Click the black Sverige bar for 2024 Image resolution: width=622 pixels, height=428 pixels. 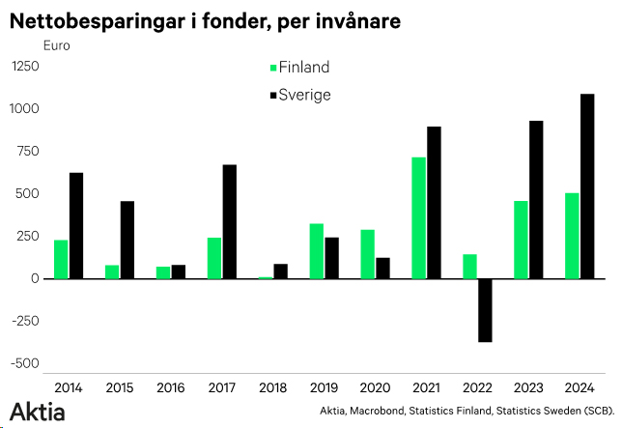(586, 186)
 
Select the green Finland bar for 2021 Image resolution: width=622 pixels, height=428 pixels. (418, 218)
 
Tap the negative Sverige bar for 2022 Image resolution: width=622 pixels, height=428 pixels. (485, 310)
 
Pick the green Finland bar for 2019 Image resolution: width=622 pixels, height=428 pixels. (316, 251)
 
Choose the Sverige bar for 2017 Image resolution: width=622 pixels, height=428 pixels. (230, 222)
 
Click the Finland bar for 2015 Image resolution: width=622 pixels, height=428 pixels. (112, 271)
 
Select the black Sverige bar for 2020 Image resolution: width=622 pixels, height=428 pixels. (382, 268)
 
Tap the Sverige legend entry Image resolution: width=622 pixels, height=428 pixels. (304, 95)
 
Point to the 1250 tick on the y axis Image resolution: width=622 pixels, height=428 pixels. (26, 66)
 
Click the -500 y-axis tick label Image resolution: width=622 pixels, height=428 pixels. (26, 364)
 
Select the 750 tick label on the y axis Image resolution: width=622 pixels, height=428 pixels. (29, 151)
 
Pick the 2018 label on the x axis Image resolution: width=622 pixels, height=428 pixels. (272, 387)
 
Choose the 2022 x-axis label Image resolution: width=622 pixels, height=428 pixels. (477, 387)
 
